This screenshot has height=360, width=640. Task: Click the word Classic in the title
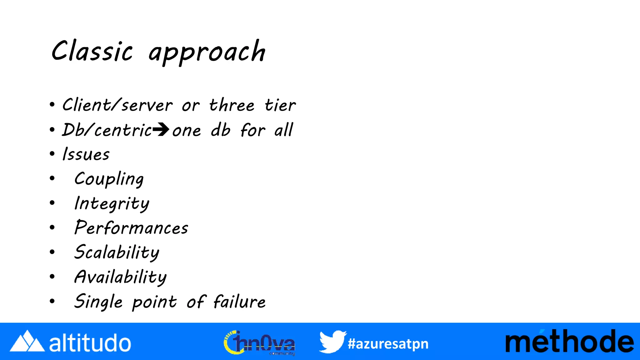(x=92, y=52)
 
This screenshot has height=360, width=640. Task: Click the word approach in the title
(x=207, y=52)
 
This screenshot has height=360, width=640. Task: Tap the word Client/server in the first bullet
(x=117, y=105)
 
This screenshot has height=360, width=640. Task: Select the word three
(x=232, y=105)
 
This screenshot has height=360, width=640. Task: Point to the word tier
(x=280, y=105)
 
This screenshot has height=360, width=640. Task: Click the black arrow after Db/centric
(x=161, y=130)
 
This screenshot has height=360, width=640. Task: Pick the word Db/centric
(x=107, y=130)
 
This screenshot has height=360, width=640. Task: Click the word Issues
(x=86, y=154)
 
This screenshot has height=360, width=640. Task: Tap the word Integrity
(x=112, y=204)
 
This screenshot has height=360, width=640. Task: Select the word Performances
(x=131, y=228)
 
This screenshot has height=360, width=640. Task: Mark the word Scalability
(x=117, y=252)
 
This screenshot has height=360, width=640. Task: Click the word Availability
(x=120, y=277)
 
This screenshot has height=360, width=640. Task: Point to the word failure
(x=239, y=302)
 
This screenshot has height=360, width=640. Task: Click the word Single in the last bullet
(x=98, y=302)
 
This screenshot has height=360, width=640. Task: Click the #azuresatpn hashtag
(x=388, y=344)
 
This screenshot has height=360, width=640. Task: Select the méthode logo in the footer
(x=569, y=342)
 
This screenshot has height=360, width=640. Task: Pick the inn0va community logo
(x=259, y=343)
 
